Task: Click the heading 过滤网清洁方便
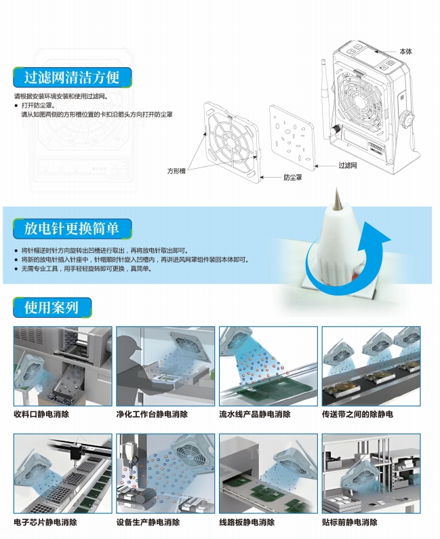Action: pos(71,77)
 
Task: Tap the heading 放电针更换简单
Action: pos(71,228)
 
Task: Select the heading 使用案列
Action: pos(52,307)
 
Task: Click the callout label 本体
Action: pos(405,52)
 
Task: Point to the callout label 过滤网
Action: pos(348,165)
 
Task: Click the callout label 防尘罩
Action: pos(293,178)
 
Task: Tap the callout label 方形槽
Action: pos(176,171)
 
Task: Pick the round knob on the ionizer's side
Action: pos(408,119)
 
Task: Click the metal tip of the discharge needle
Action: pos(336,199)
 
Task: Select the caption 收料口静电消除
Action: pos(41,414)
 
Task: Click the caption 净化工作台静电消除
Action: pos(152,414)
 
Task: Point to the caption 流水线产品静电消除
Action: pos(255,414)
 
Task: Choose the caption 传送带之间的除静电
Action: pos(357,414)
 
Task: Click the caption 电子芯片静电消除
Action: pos(45,522)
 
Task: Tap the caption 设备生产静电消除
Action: pos(148,522)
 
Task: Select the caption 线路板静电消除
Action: pos(247,522)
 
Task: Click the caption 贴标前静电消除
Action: pos(350,522)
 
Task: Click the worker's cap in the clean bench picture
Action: pos(132,341)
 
